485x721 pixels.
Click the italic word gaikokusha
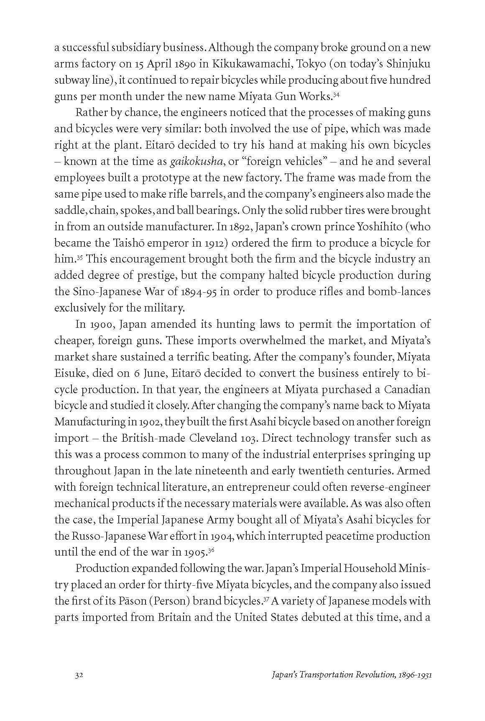(x=195, y=162)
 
